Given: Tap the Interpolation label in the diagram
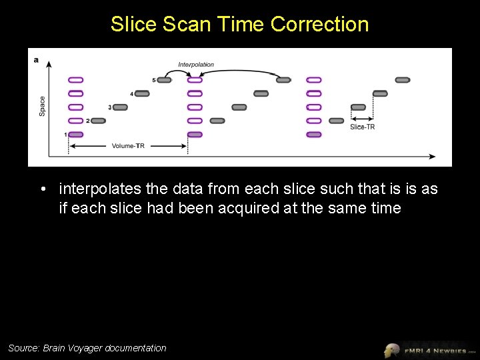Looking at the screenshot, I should tap(196, 65).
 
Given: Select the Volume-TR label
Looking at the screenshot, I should tap(128, 145).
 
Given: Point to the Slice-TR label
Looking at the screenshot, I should tap(362, 127).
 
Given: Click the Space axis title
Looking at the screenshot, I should tap(42, 106).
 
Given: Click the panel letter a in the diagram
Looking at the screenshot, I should tap(36, 60).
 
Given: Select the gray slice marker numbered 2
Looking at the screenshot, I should tap(98, 121).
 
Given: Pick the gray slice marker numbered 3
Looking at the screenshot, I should tap(120, 107).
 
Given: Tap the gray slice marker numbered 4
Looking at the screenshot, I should tap(142, 93).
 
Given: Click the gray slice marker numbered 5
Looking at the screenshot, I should tap(164, 80).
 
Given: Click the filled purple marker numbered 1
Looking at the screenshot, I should tap(76, 135).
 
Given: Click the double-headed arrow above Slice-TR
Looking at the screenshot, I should tap(362, 119).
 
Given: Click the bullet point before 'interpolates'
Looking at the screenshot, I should tap(43, 189).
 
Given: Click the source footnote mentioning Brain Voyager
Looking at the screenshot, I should tap(87, 348).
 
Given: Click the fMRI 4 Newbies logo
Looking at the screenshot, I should tap(430, 349).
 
